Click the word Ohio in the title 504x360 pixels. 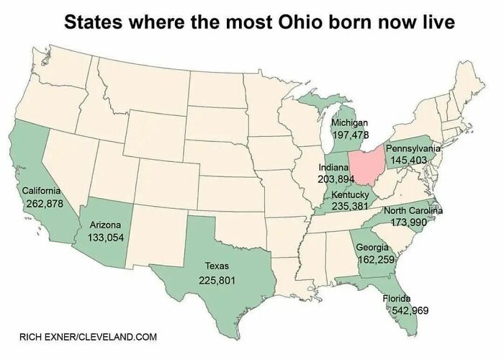pyautogui.click(x=302, y=22)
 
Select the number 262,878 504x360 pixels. pyautogui.click(x=45, y=204)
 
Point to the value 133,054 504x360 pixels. pyautogui.click(x=106, y=237)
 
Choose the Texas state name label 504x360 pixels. pyautogui.click(x=217, y=266)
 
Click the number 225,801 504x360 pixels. pyautogui.click(x=217, y=279)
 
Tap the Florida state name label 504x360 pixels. pyautogui.click(x=396, y=298)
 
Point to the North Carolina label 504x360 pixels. pyautogui.click(x=413, y=210)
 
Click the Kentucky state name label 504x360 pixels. pyautogui.click(x=351, y=194)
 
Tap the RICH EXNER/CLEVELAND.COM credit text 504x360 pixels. pyautogui.click(x=88, y=336)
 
